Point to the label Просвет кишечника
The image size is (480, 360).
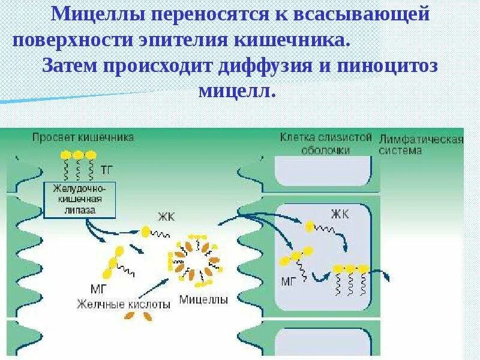(x=83, y=136)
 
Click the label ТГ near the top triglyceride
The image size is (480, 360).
(x=107, y=170)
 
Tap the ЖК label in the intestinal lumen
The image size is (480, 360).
(x=166, y=217)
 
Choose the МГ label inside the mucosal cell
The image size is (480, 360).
(x=289, y=280)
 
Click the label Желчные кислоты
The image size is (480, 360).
(x=123, y=304)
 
